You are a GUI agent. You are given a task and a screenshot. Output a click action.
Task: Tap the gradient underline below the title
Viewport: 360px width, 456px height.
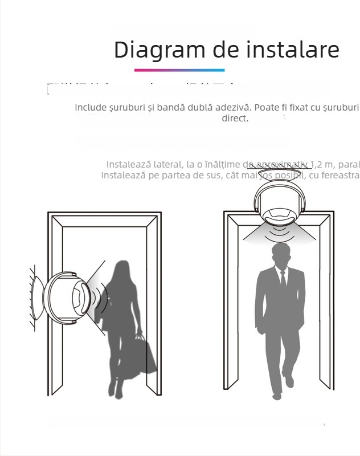(x=179, y=70)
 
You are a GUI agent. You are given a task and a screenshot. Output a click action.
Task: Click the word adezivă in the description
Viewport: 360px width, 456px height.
(x=232, y=108)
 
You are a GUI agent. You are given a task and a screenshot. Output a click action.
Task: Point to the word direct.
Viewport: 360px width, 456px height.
(x=235, y=119)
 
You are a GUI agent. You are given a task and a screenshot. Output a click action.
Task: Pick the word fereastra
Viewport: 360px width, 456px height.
(x=342, y=175)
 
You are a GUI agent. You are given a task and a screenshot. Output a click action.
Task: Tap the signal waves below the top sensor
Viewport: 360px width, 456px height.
(x=279, y=233)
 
